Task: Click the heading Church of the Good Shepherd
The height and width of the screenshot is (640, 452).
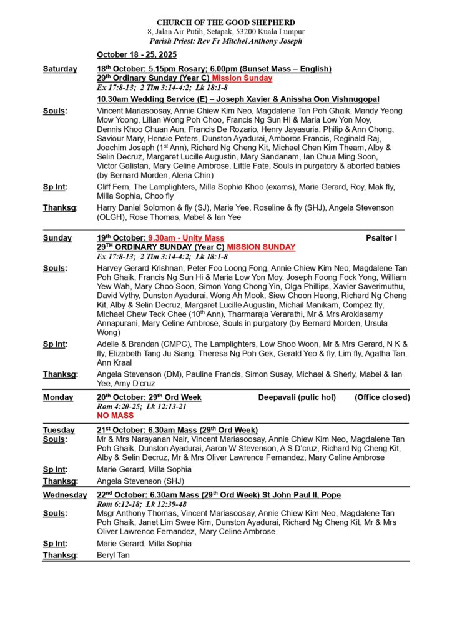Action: (226, 22)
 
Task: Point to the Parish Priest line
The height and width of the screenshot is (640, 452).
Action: (226, 41)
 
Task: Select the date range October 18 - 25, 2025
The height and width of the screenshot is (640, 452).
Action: (137, 55)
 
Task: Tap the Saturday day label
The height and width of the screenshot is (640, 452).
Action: (60, 69)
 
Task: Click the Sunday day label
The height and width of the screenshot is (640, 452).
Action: (57, 238)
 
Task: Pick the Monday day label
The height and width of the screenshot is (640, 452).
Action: (58, 397)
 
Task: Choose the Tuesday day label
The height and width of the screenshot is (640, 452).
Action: (59, 430)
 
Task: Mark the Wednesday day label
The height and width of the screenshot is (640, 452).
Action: (65, 495)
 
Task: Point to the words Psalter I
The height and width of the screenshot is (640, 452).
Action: (381, 238)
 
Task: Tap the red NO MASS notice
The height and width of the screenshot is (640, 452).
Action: (115, 415)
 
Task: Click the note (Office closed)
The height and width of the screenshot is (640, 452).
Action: (382, 397)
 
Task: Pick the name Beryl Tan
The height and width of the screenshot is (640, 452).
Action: (113, 555)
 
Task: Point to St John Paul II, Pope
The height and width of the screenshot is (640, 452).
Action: (300, 495)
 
